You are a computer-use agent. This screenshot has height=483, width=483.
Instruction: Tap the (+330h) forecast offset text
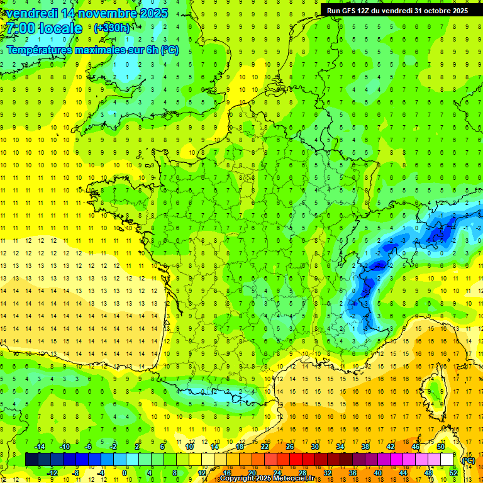pos(112,28)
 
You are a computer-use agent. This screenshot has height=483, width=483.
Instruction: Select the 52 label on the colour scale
pos(453,473)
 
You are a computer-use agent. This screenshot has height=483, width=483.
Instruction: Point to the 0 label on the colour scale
pos(125,473)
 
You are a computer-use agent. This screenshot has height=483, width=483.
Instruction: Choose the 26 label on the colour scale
pos(290,447)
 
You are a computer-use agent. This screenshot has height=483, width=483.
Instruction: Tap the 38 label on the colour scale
pos(365,447)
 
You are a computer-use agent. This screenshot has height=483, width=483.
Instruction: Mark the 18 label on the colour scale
pos(240,447)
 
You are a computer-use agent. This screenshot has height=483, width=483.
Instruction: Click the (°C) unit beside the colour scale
pos(468,460)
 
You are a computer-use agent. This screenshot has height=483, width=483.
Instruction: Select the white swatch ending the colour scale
pos(447,460)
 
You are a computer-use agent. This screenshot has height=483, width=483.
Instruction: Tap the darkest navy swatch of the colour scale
pos(31,460)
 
